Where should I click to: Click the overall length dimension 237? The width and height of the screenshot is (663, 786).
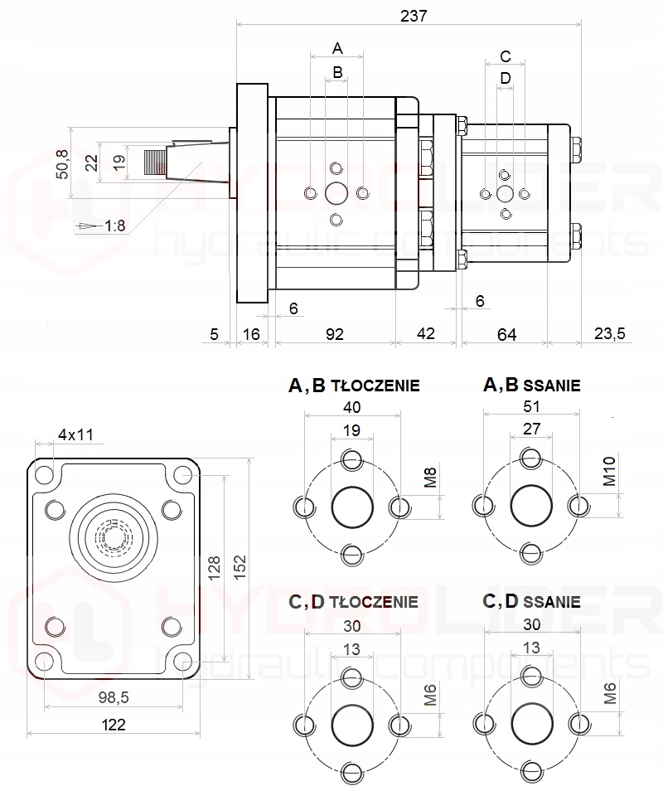(x=414, y=16)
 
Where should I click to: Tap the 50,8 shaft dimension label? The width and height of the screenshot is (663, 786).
(x=62, y=164)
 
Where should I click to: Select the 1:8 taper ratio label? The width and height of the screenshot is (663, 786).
(x=114, y=226)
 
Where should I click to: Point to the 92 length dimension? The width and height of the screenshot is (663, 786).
(x=335, y=334)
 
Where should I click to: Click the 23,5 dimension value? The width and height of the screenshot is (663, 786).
(x=610, y=333)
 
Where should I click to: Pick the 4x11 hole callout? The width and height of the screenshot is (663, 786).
(x=75, y=434)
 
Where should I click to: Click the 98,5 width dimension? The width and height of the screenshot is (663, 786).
(x=114, y=696)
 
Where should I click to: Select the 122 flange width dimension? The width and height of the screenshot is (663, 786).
(x=114, y=725)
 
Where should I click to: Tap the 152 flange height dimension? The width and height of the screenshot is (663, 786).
(x=240, y=567)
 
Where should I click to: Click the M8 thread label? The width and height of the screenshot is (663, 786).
(x=430, y=478)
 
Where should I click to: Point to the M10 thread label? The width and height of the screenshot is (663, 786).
(x=609, y=472)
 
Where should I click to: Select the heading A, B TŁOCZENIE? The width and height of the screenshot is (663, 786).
(x=354, y=385)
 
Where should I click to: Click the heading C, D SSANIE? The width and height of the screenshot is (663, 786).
(x=531, y=600)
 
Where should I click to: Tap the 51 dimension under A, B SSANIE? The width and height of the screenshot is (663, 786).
(x=531, y=406)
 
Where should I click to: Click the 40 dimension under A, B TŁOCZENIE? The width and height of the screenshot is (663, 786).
(x=351, y=407)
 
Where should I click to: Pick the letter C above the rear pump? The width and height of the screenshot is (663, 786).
(x=506, y=56)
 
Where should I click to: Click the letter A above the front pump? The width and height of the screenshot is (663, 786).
(x=337, y=49)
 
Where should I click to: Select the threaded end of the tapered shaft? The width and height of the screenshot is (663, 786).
(x=154, y=163)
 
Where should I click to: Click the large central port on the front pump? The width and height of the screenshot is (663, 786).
(x=336, y=193)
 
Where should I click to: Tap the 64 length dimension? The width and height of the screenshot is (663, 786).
(x=506, y=334)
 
